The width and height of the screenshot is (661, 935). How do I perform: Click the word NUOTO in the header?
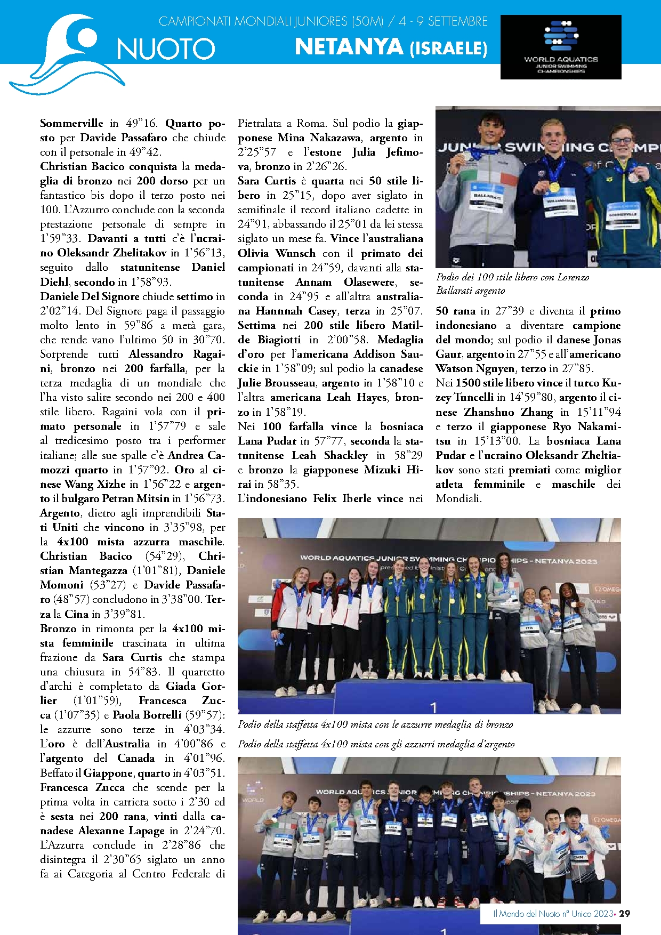click(165, 49)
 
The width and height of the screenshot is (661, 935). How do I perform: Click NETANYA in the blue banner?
click(349, 47)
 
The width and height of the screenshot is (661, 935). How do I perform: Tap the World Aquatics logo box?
click(561, 47)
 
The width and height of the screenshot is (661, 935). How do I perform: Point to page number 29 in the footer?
click(625, 913)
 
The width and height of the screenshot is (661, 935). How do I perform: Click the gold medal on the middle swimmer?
click(554, 187)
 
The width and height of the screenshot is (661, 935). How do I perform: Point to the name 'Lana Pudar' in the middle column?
click(267, 441)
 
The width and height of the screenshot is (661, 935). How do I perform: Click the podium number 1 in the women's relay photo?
click(433, 707)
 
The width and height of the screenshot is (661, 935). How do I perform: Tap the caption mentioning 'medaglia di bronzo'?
click(375, 724)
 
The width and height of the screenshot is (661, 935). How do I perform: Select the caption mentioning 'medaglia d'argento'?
click(376, 744)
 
